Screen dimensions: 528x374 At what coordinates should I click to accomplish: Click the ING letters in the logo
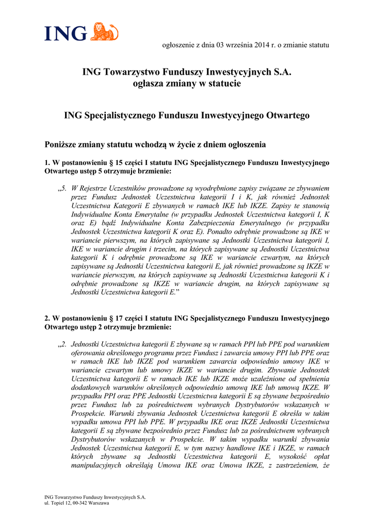click(x=65, y=34)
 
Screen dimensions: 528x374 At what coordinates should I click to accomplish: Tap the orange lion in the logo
click(x=105, y=32)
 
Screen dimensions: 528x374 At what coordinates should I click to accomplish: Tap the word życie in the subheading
click(x=184, y=145)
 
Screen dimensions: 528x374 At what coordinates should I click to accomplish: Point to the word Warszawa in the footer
click(x=99, y=503)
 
